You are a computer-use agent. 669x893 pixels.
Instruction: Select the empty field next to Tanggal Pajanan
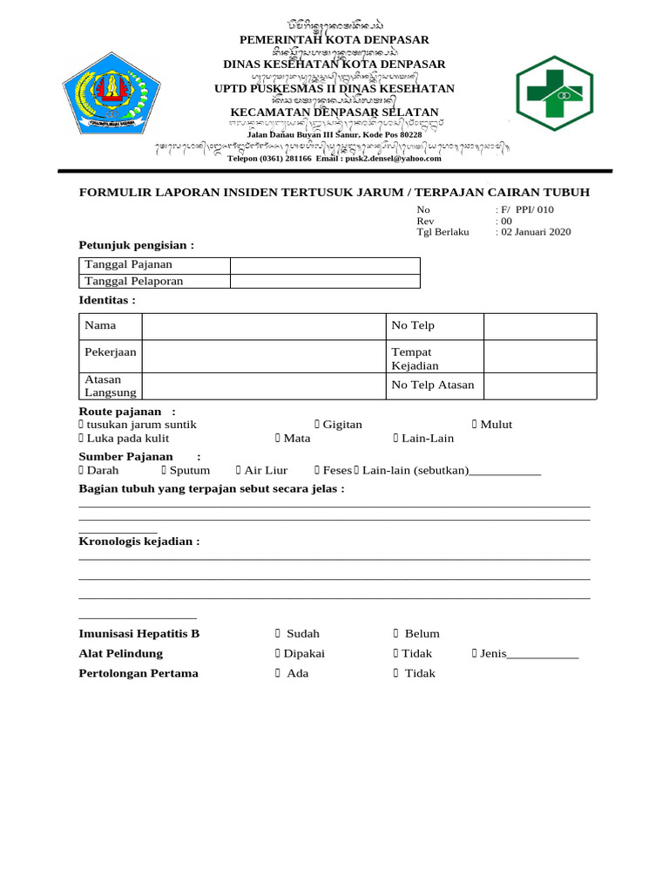pos(325,265)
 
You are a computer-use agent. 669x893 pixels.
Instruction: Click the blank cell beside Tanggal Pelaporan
pos(325,281)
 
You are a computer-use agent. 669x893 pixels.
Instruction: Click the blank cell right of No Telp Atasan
pos(540,385)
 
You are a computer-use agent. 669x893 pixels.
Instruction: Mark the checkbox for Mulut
pos(475,425)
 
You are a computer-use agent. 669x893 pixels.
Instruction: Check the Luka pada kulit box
pos(82,439)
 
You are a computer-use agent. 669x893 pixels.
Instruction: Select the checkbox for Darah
pos(82,470)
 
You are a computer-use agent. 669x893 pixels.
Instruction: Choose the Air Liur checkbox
pos(238,470)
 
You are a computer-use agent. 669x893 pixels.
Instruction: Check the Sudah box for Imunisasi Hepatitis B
pos(278,634)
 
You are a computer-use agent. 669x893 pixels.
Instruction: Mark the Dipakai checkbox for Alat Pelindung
pos(278,654)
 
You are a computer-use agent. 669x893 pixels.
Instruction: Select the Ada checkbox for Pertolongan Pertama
pos(278,673)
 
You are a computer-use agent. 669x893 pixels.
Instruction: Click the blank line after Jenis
pos(543,655)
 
